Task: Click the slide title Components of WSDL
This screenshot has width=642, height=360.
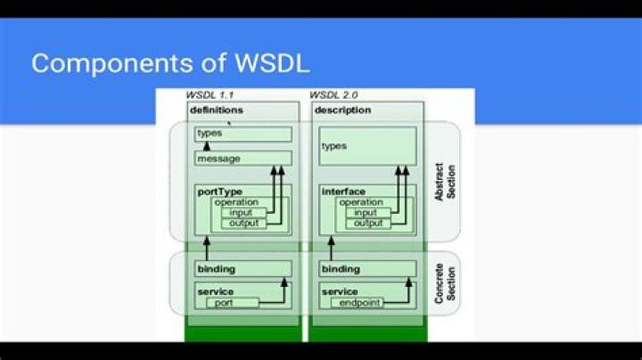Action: [x=170, y=63]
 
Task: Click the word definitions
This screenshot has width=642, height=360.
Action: [x=216, y=110]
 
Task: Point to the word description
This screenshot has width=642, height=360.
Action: [x=342, y=110]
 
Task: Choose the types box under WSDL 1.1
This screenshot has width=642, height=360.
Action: [x=243, y=134]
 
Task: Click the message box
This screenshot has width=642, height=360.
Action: [x=243, y=159]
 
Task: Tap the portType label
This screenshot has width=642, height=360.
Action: [x=218, y=191]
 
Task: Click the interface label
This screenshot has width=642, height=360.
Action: [x=342, y=191]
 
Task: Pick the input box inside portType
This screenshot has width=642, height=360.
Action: [x=242, y=213]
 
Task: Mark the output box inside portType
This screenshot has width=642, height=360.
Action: [x=242, y=224]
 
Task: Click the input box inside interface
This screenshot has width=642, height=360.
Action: [x=366, y=213]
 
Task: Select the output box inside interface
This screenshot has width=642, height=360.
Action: [x=366, y=224]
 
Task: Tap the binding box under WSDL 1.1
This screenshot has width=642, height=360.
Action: [x=243, y=269]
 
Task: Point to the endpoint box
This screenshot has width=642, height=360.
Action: [x=357, y=303]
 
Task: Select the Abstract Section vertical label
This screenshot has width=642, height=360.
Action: [x=444, y=181]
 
